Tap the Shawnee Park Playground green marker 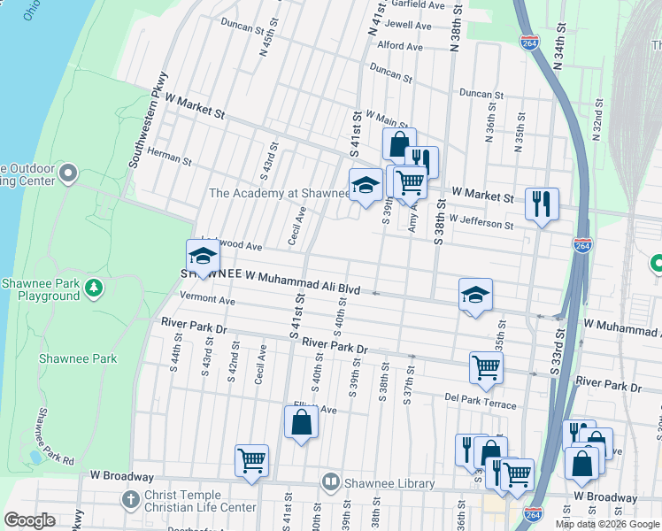[x=91, y=287]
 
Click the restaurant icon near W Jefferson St [x=541, y=204]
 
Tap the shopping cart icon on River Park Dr [x=486, y=366]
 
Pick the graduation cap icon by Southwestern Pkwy [x=203, y=257]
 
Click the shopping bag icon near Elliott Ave [x=301, y=421]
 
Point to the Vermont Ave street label [x=206, y=300]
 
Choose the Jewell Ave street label [x=408, y=26]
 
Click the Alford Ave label [x=400, y=45]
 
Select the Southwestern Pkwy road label [x=147, y=119]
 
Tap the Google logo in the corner [x=30, y=520]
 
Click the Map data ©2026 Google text [x=607, y=524]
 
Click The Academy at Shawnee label [x=279, y=193]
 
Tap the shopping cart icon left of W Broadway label [x=251, y=460]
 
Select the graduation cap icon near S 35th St [x=475, y=295]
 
